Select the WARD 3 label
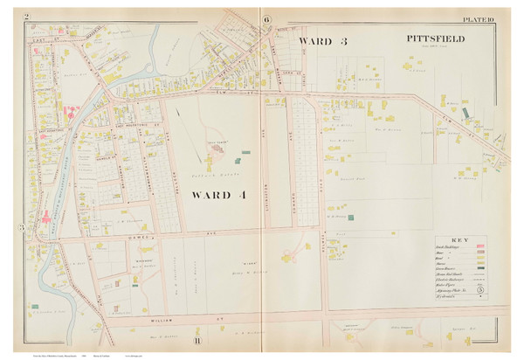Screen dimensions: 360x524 point(323,41)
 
